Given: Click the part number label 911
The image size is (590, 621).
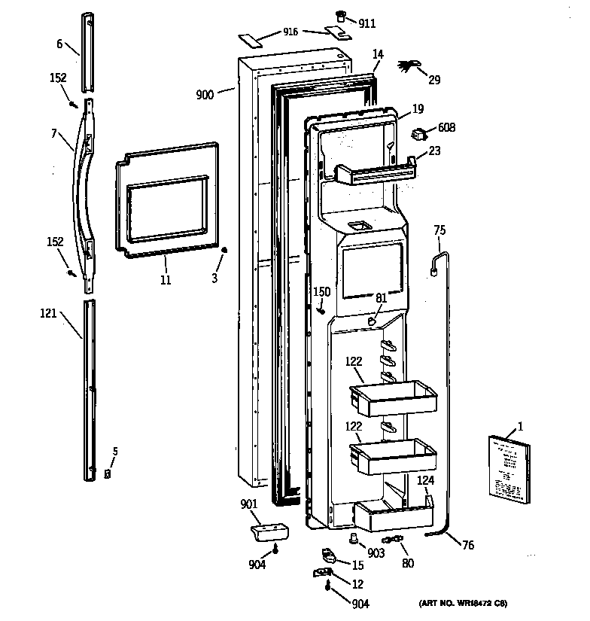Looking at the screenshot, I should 366,23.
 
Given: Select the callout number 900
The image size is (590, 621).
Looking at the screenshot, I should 205,94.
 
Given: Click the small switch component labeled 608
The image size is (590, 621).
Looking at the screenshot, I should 418,135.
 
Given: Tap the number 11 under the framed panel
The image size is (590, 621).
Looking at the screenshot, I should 166,280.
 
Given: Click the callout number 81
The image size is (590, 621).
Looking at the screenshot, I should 381,298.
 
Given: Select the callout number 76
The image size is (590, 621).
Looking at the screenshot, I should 467,545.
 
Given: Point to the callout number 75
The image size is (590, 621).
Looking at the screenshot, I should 439,232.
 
